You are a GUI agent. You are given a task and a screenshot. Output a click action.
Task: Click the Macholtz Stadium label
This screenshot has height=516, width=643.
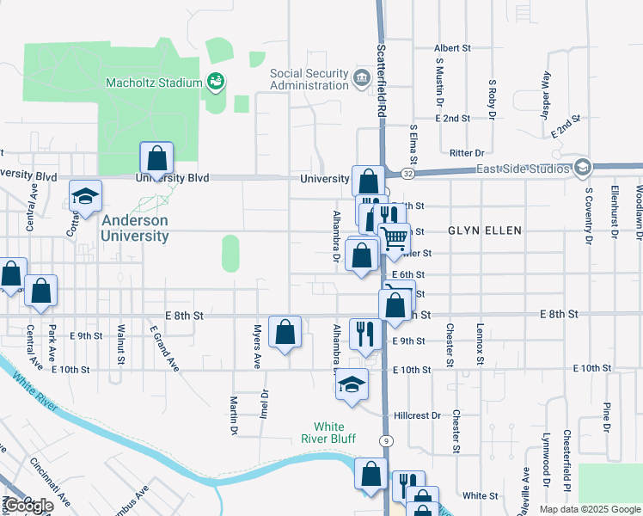(153, 83)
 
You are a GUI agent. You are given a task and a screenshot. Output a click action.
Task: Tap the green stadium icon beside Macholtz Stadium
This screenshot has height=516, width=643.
(216, 83)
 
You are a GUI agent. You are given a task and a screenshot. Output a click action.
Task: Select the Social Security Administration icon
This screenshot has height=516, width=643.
(361, 79)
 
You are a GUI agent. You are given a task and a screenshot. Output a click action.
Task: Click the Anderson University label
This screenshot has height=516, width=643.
(135, 228)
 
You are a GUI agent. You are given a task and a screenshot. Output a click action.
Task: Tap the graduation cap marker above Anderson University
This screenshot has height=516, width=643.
(86, 198)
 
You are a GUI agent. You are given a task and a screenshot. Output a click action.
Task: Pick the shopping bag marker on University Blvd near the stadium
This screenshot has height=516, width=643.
(156, 158)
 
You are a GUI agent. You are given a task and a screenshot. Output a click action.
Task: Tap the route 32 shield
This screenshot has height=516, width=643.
(407, 174)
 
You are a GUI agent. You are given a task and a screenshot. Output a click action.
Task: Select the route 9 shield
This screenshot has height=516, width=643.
(389, 440)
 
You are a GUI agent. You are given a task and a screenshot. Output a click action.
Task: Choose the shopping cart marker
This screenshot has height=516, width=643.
(394, 238)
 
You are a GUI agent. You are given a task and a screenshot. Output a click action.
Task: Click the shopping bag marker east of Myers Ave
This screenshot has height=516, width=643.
(285, 331)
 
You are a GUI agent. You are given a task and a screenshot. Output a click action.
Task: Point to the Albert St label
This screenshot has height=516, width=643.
(453, 49)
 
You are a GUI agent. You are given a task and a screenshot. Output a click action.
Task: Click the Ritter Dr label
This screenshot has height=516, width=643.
(468, 152)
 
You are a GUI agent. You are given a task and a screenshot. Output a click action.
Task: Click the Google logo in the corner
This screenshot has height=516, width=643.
(28, 505)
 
